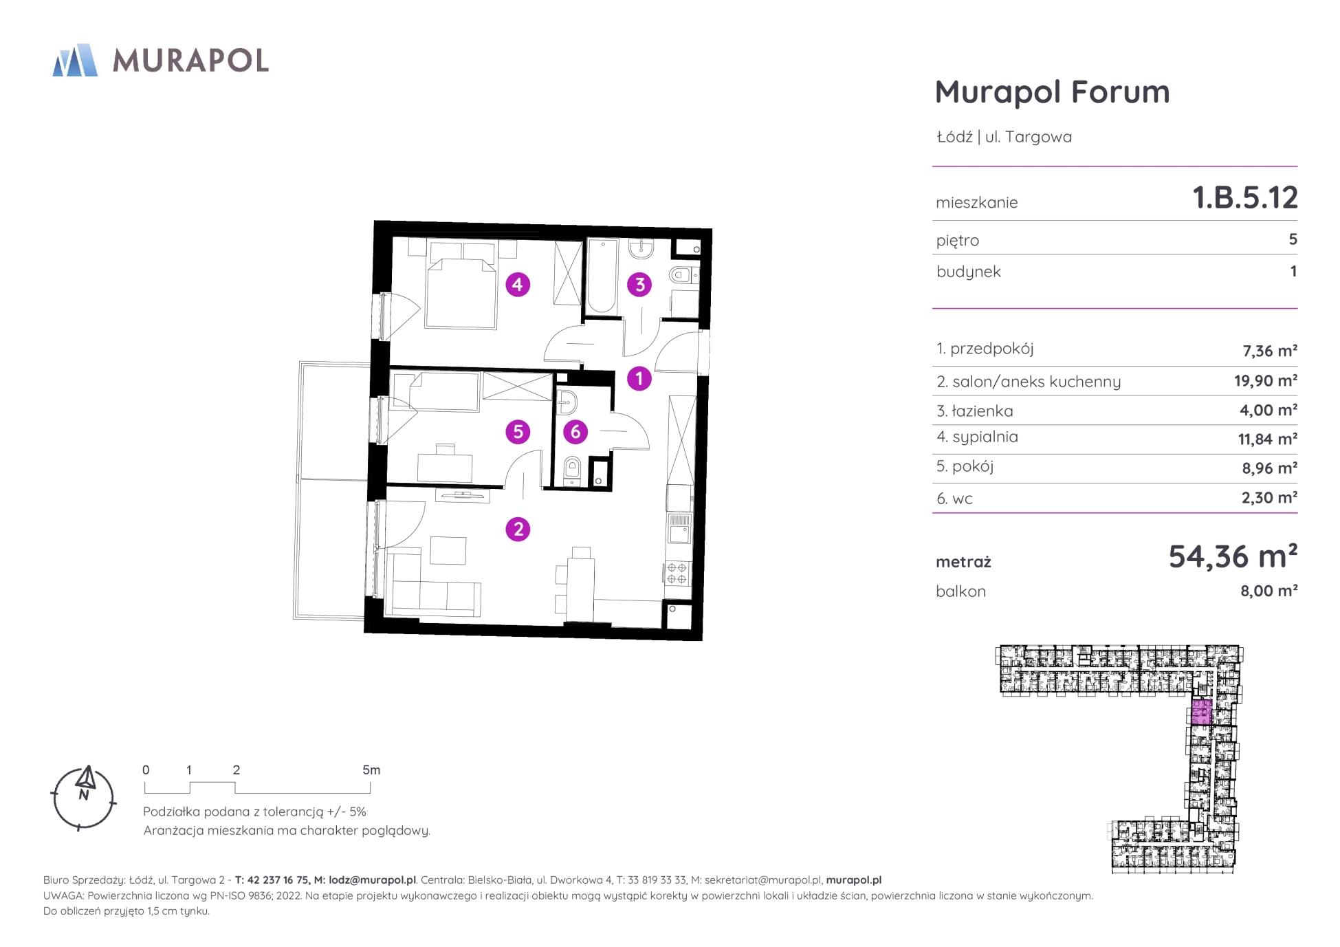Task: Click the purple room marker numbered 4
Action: coord(518,284)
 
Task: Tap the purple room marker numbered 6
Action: coord(575,432)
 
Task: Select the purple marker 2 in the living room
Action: coord(518,529)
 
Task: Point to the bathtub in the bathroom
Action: coord(603,276)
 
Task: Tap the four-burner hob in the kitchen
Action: coord(677,573)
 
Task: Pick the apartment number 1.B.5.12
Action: coord(1245,198)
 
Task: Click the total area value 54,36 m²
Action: coord(1233,556)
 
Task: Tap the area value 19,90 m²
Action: coord(1265,380)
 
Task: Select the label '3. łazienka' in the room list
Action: coord(974,411)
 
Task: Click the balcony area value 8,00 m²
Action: coord(1268,591)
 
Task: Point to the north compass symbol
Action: coord(84,798)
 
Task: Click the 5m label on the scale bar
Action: coord(371,770)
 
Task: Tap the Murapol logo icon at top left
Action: coord(75,60)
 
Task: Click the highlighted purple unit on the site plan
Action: coord(1201,712)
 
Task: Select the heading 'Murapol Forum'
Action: coord(1052,91)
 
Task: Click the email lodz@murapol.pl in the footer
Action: coord(372,880)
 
